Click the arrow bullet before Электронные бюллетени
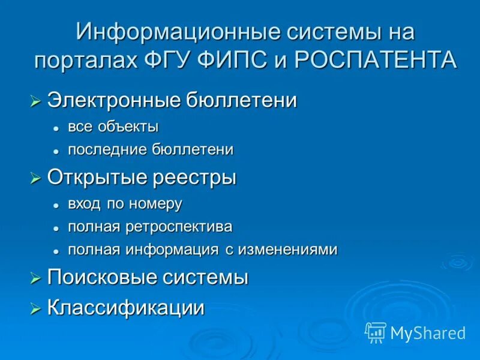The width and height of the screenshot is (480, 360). [x=35, y=101]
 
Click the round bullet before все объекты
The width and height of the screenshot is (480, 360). [x=55, y=128]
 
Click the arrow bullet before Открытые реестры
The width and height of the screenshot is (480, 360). [x=35, y=178]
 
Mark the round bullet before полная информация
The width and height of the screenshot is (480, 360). [x=55, y=251]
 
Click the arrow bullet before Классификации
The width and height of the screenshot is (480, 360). [x=35, y=309]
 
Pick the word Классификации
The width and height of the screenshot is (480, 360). [x=126, y=308]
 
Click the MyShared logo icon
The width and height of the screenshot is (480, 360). [x=376, y=332]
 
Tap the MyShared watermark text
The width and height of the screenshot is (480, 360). [x=428, y=333]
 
